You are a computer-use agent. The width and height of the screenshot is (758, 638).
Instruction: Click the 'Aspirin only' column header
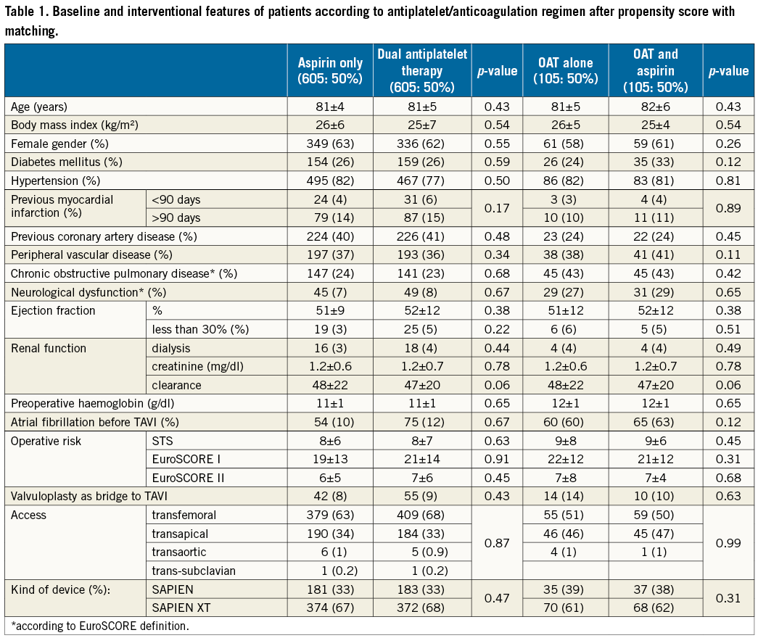(330, 71)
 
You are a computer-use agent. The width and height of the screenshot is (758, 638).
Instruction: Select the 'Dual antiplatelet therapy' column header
(421, 71)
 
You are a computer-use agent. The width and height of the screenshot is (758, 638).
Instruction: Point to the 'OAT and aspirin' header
(656, 71)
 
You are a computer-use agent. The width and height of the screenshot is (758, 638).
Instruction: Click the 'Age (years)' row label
(39, 107)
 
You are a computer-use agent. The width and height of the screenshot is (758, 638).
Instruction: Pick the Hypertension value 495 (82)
(330, 181)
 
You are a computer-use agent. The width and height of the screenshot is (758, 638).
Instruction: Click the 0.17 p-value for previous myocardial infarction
(497, 209)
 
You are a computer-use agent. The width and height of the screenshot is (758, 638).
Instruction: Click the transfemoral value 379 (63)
(330, 515)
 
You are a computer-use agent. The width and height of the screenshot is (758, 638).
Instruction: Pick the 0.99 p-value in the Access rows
(729, 543)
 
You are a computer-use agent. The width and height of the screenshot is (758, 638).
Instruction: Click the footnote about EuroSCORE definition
(100, 626)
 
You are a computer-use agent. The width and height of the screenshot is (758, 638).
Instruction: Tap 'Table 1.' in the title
(29, 12)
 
